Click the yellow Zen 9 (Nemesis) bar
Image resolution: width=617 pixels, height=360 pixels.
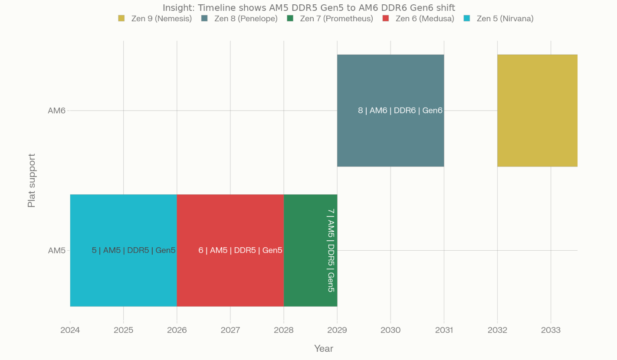pos(537,111)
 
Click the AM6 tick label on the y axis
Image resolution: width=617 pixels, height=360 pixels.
pos(56,111)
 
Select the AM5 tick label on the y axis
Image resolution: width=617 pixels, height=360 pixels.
pos(56,250)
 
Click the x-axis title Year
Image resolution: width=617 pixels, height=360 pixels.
pos(324,349)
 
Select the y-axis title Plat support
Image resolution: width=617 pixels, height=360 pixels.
pos(31,180)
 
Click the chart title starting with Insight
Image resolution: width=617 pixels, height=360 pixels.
pos(308,7)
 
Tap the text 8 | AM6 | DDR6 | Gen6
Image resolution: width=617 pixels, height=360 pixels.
pos(400,111)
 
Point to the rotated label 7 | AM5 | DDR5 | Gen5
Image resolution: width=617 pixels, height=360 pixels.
pos(331,250)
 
